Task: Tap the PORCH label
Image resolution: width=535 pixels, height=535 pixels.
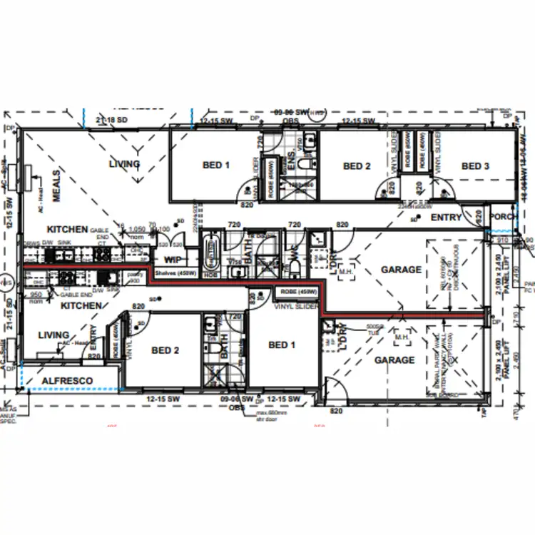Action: tap(504, 218)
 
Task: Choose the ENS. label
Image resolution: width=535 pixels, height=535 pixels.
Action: tap(291, 162)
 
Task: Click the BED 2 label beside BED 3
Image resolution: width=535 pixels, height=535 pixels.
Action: tap(357, 166)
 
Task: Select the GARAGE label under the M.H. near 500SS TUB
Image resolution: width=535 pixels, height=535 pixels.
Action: tap(394, 360)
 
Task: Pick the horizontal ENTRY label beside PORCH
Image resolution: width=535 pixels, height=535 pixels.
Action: tap(447, 218)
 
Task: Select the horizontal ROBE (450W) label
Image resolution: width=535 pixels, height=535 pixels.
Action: tap(298, 292)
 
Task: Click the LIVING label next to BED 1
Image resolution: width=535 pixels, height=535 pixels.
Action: tap(124, 164)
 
